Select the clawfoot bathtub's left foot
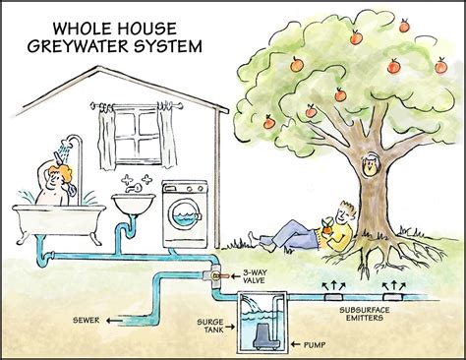pyautogui.click(x=27, y=242)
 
